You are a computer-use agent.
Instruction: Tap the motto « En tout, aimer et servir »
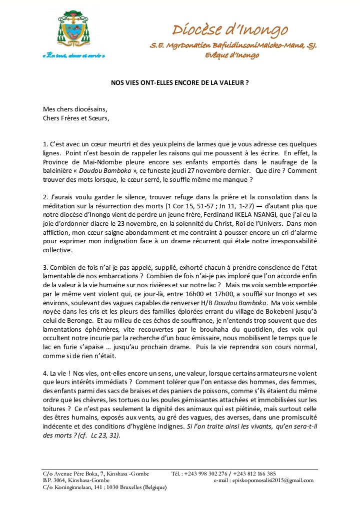(x=73, y=56)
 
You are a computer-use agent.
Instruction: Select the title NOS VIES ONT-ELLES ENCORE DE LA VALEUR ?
(x=179, y=83)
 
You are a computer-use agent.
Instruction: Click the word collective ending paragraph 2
(x=57, y=250)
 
